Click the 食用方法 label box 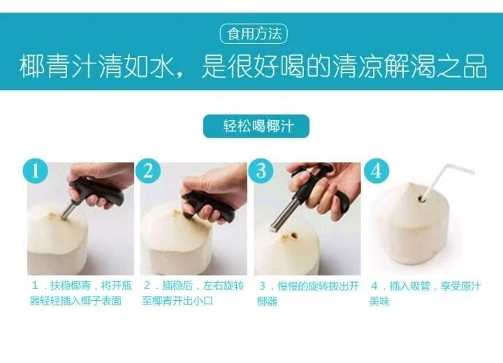point(254,34)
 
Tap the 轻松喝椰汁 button point(256,126)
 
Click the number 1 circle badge point(36,170)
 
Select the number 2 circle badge point(148,171)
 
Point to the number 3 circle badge point(261,171)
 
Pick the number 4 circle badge point(377,171)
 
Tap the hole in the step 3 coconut point(293,237)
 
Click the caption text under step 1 point(81,293)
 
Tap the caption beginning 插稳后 point(193,293)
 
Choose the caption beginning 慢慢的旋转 point(308,293)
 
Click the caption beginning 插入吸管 point(425,293)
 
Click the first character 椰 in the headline point(32,66)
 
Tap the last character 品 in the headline point(476,66)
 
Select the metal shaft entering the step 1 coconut point(69,210)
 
